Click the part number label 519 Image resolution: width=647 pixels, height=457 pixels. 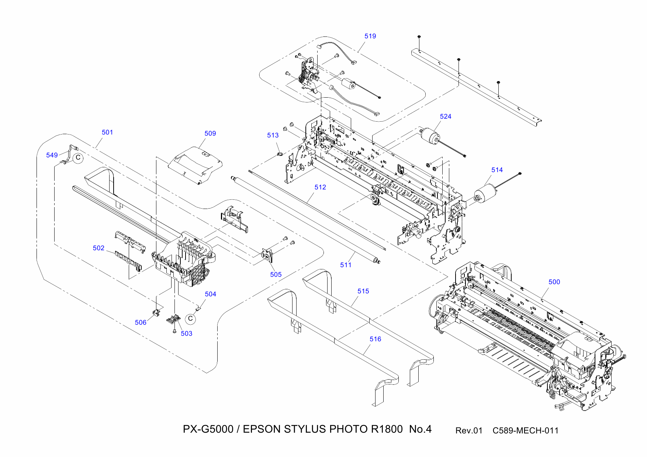370,36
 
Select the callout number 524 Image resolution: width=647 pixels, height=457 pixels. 445,116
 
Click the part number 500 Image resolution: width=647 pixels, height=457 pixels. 554,282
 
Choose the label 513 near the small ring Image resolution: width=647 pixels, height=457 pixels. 273,135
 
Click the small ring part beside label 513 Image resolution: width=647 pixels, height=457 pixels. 280,153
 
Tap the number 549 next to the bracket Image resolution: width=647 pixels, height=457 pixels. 52,155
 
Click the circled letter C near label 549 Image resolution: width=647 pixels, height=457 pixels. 78,158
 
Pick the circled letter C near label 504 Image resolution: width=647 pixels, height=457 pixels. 190,319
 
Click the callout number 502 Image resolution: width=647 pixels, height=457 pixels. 98,248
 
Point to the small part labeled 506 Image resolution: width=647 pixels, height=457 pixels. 156,313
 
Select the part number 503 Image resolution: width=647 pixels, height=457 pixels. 186,334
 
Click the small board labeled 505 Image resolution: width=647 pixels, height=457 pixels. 267,255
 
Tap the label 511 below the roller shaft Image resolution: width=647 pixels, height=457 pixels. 346,265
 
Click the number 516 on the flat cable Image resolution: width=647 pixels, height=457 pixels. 375,339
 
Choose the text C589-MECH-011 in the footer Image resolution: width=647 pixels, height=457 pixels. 525,430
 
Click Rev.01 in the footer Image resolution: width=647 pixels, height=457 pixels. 468,430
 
